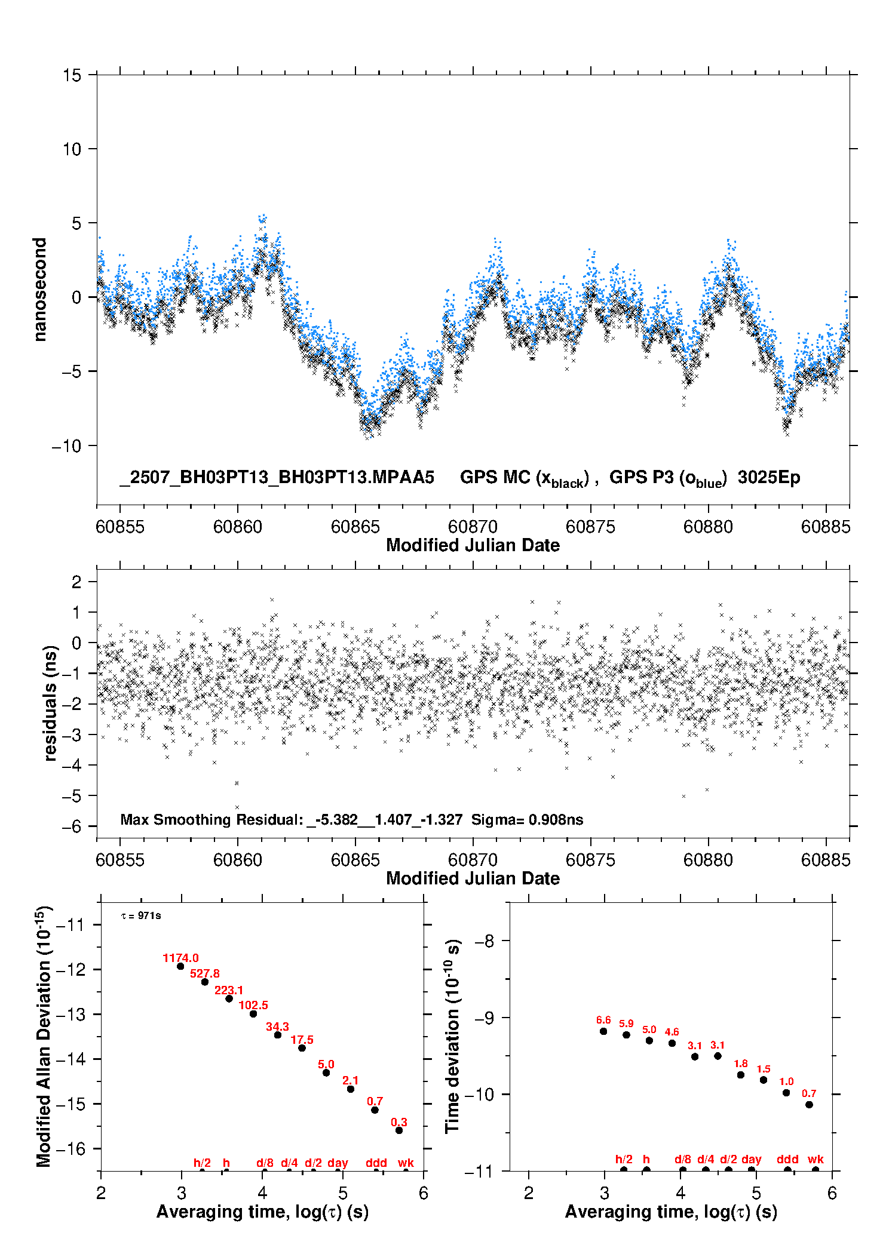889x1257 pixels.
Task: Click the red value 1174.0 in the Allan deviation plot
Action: [x=180, y=958]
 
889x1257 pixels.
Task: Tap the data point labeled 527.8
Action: [x=204, y=982]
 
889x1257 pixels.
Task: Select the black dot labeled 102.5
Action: [x=253, y=1014]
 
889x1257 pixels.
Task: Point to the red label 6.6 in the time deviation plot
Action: [x=603, y=1020]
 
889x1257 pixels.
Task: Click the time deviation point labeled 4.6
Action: [x=672, y=1043]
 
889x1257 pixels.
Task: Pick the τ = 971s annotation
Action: [x=141, y=915]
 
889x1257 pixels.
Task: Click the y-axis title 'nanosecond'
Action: [x=39, y=290]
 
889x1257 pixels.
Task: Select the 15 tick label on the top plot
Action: [x=72, y=75]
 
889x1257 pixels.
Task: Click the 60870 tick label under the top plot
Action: [x=473, y=527]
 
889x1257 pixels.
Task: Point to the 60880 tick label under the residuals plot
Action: [x=708, y=860]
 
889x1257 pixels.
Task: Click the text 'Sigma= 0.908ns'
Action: [x=527, y=819]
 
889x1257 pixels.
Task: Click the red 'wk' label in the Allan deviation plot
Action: [x=406, y=1163]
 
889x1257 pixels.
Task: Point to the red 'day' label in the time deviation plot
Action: [x=752, y=1159]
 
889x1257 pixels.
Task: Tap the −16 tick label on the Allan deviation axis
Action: [x=71, y=1148]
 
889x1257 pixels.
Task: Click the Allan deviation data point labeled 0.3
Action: [x=399, y=1130]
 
